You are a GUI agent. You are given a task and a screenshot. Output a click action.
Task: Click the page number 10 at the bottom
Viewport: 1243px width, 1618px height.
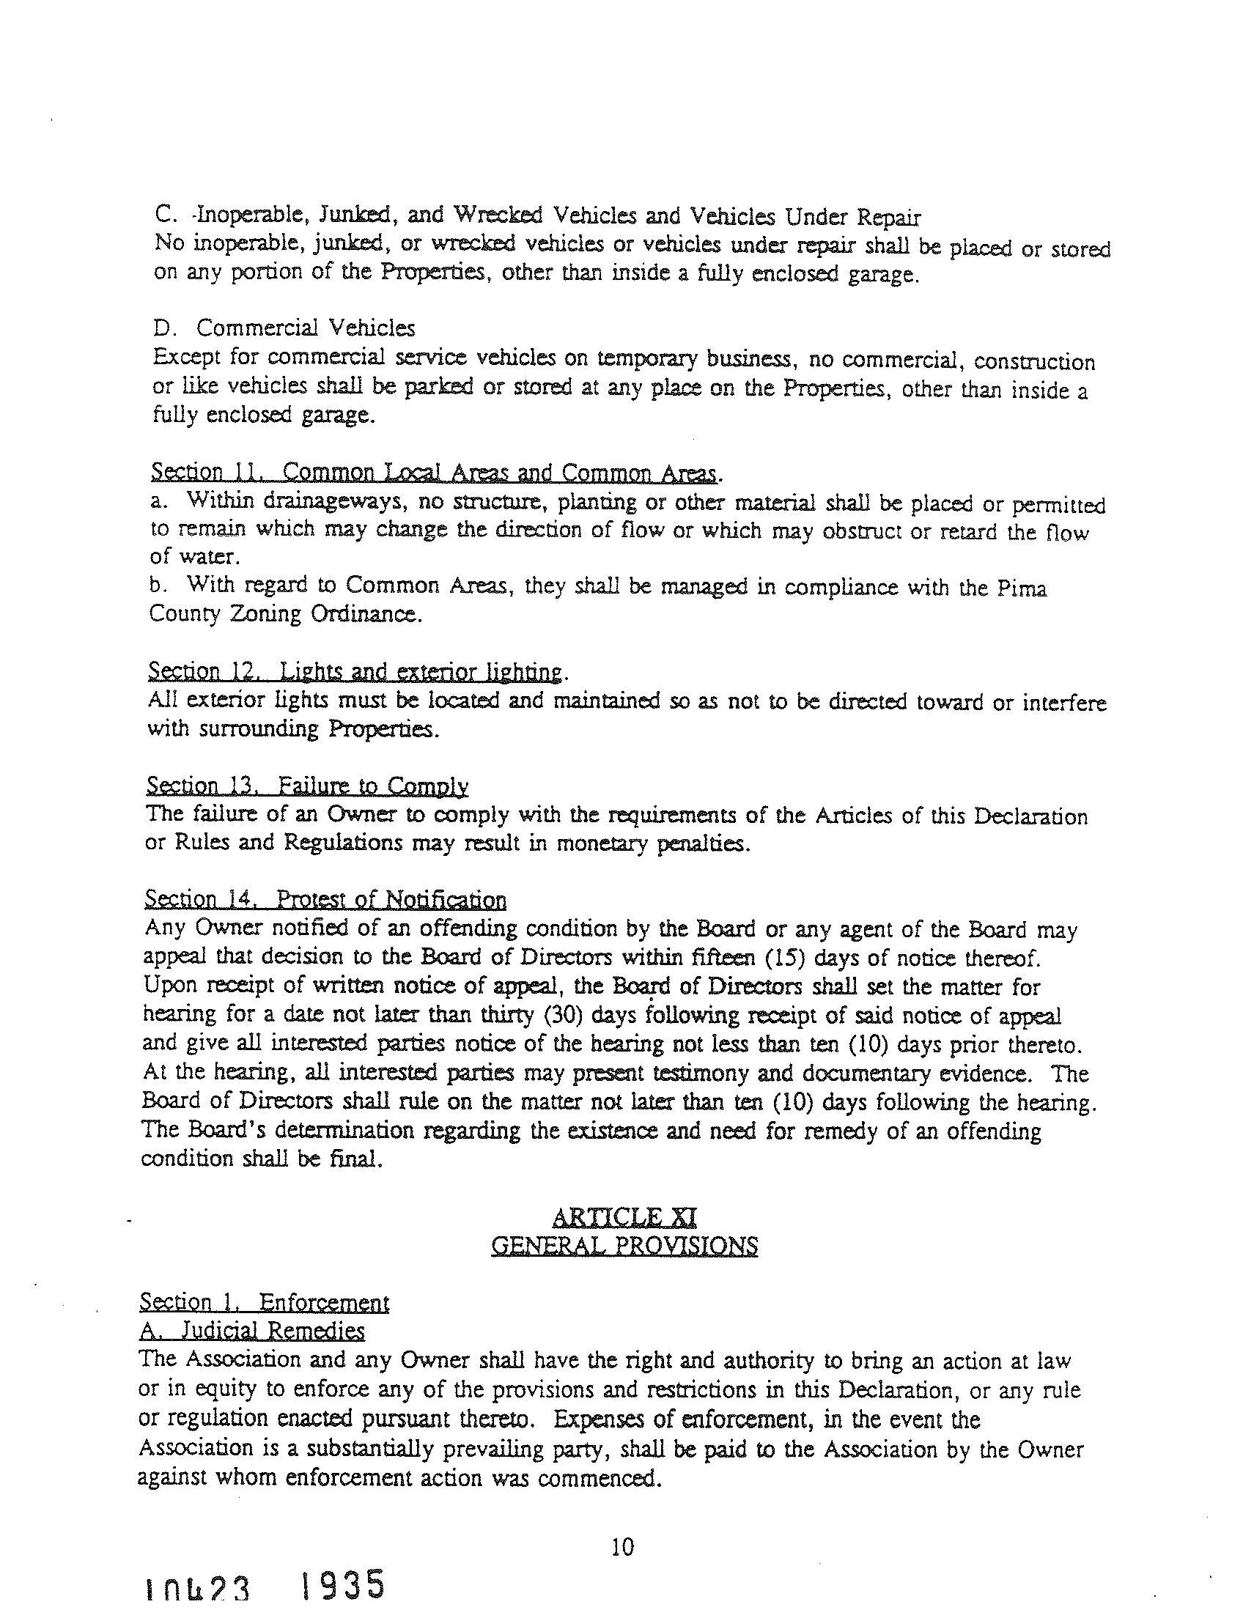[x=623, y=1547]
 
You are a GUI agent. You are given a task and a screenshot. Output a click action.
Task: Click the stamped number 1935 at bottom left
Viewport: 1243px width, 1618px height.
[x=344, y=1586]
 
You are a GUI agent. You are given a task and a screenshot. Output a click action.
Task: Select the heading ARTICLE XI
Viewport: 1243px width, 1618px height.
[x=624, y=1218]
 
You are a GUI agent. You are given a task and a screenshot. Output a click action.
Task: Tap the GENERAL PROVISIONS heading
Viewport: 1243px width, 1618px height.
[x=624, y=1246]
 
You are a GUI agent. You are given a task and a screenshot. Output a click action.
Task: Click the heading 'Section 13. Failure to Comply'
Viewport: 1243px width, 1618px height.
[x=307, y=786]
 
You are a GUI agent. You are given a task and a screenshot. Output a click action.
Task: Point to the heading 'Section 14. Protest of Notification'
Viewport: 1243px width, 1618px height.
[x=325, y=900]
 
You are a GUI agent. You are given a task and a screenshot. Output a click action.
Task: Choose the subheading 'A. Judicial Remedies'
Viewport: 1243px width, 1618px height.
[x=251, y=1331]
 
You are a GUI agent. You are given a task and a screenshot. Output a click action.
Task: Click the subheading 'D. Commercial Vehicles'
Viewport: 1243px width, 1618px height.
[x=285, y=327]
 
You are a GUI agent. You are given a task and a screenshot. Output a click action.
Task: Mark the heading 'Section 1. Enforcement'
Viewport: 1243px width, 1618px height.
[x=264, y=1303]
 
